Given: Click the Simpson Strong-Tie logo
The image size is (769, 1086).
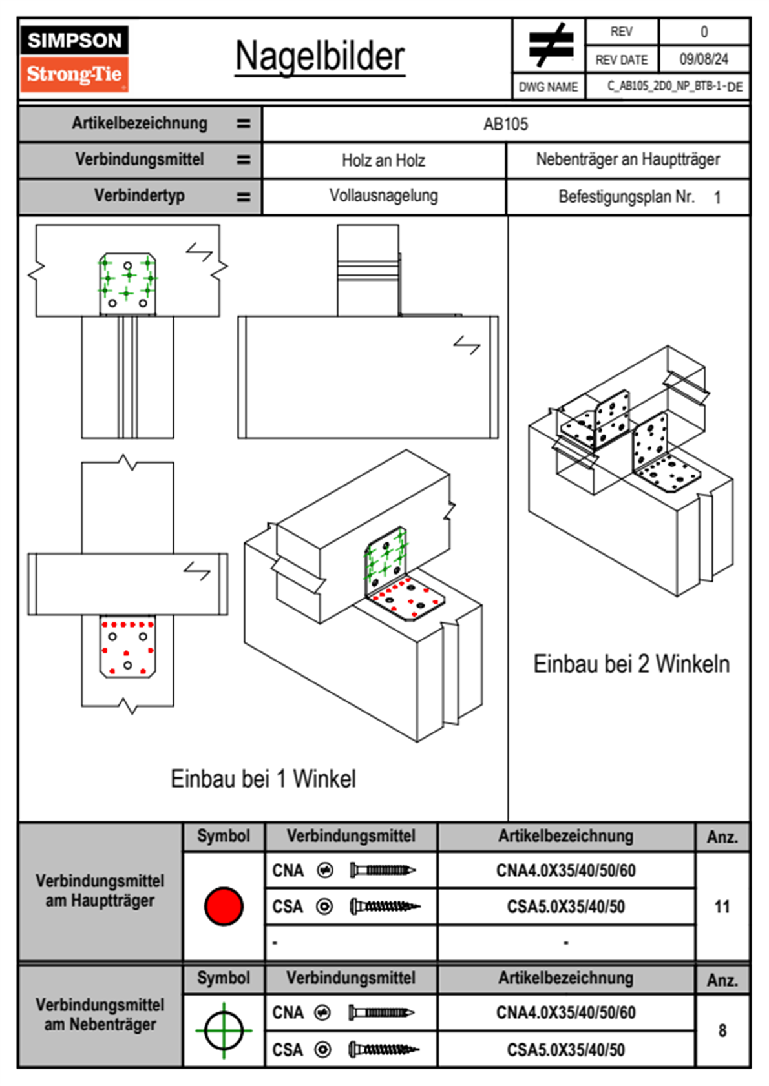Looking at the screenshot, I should pyautogui.click(x=74, y=59).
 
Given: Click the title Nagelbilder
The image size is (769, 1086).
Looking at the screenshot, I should pyautogui.click(x=320, y=57).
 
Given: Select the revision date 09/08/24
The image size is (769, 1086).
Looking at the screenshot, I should pyautogui.click(x=704, y=59).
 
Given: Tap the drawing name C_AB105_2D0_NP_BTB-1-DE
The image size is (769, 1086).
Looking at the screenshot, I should pyautogui.click(x=674, y=87).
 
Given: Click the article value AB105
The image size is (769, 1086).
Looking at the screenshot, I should pyautogui.click(x=505, y=124).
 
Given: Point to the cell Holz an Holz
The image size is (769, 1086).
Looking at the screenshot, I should pyautogui.click(x=383, y=160).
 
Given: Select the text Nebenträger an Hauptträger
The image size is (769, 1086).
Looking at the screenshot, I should pyautogui.click(x=627, y=159).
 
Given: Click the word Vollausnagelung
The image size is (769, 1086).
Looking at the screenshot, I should pyautogui.click(x=383, y=196).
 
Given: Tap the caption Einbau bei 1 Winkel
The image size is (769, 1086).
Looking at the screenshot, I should pyautogui.click(x=263, y=779).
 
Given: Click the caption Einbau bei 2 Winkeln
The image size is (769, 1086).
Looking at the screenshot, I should pyautogui.click(x=631, y=664).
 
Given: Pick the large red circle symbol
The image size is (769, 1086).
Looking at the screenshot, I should pyautogui.click(x=224, y=906).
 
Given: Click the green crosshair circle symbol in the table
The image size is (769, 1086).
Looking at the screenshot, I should pyautogui.click(x=224, y=1030).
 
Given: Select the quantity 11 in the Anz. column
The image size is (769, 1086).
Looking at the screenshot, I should pyautogui.click(x=722, y=907).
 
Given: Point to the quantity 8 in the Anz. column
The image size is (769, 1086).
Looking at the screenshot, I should pyautogui.click(x=722, y=1030).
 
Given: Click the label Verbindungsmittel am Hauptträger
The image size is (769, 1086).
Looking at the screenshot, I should pyautogui.click(x=100, y=890).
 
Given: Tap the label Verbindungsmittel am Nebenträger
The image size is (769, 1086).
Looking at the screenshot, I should pyautogui.click(x=100, y=1014).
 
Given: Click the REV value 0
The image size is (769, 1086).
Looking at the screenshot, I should pyautogui.click(x=704, y=32).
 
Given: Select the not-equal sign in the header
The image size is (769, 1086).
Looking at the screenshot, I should pyautogui.click(x=550, y=45).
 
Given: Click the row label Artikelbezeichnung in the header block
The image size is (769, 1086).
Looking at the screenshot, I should pyautogui.click(x=140, y=123).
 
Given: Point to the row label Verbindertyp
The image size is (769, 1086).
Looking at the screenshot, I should pyautogui.click(x=140, y=196).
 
